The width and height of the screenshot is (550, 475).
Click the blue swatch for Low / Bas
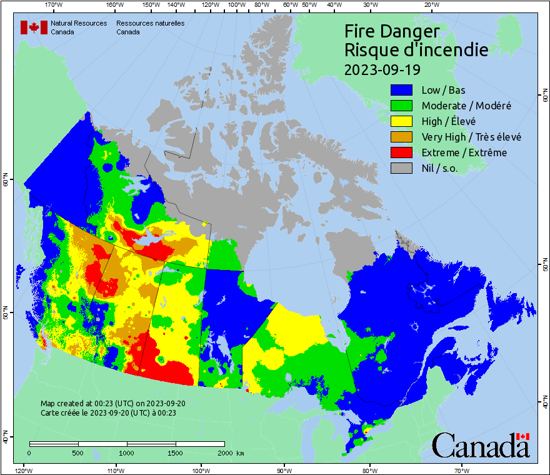coord(403,91)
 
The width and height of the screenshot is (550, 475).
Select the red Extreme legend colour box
coord(403,152)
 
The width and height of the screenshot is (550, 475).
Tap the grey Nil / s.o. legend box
coord(403,168)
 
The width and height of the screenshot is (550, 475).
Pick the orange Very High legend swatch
coord(403,137)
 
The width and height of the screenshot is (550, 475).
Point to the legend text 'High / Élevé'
coord(448,121)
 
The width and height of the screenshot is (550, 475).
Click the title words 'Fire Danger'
coord(392,31)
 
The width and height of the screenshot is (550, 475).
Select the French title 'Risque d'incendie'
coord(416,50)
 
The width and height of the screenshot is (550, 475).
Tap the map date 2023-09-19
coord(382,68)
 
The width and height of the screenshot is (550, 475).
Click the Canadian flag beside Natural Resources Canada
coord(34,27)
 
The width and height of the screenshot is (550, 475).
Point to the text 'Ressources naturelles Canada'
coord(150,27)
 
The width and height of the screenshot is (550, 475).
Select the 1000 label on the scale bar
coord(127,453)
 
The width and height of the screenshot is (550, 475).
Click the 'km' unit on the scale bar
coord(240,453)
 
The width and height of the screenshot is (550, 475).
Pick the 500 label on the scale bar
coord(77,453)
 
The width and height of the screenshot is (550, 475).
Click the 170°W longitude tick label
coord(54,5)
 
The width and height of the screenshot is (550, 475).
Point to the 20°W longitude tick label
coord(431,5)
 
